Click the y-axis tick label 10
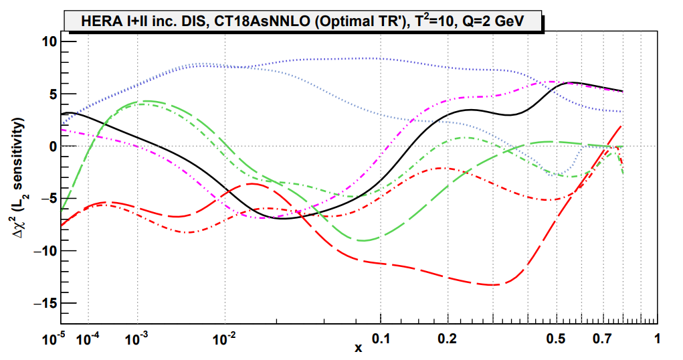tap(50, 41)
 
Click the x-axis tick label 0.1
tap(381, 339)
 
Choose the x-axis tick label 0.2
tap(448, 339)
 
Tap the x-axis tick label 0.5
tap(555, 339)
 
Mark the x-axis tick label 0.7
tap(603, 339)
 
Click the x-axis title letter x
tap(358, 347)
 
